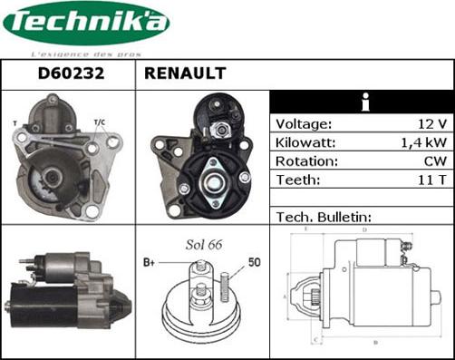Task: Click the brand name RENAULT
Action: tap(185, 74)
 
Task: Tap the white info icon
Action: tap(362, 102)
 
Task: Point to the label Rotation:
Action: tap(307, 161)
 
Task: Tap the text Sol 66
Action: tap(203, 246)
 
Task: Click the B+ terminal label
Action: tap(150, 262)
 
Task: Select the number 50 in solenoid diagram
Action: tap(255, 262)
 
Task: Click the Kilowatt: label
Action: tap(307, 143)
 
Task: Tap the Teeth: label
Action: tap(298, 180)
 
